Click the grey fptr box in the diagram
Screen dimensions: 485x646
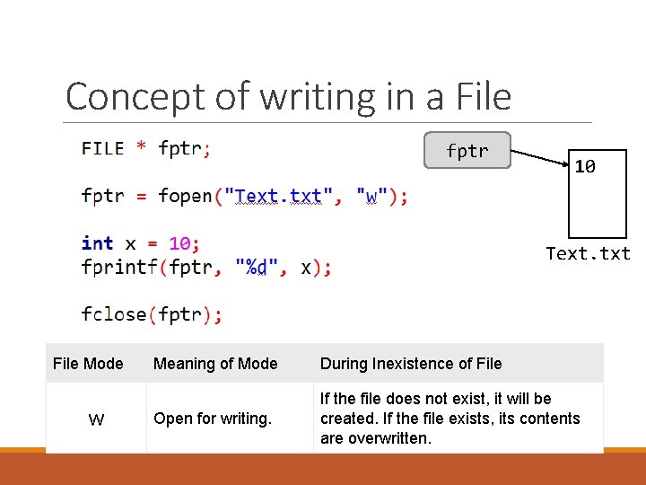[x=467, y=151]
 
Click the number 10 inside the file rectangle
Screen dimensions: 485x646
[x=585, y=166]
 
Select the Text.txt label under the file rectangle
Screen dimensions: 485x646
[x=589, y=253]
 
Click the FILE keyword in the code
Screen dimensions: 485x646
[x=102, y=148]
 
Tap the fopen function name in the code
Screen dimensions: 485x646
[x=185, y=196]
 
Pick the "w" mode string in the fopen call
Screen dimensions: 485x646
[x=371, y=196]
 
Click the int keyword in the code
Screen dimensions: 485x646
[x=97, y=243]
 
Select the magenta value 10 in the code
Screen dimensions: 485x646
[x=179, y=243]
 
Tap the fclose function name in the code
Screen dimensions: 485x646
[x=115, y=313]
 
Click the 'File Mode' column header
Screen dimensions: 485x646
[x=88, y=364]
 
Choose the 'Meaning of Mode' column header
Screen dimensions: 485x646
[x=215, y=364]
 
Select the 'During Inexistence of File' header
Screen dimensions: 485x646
[x=411, y=364]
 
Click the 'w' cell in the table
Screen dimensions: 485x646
[x=96, y=419]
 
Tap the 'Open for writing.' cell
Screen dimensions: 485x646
[x=213, y=419]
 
